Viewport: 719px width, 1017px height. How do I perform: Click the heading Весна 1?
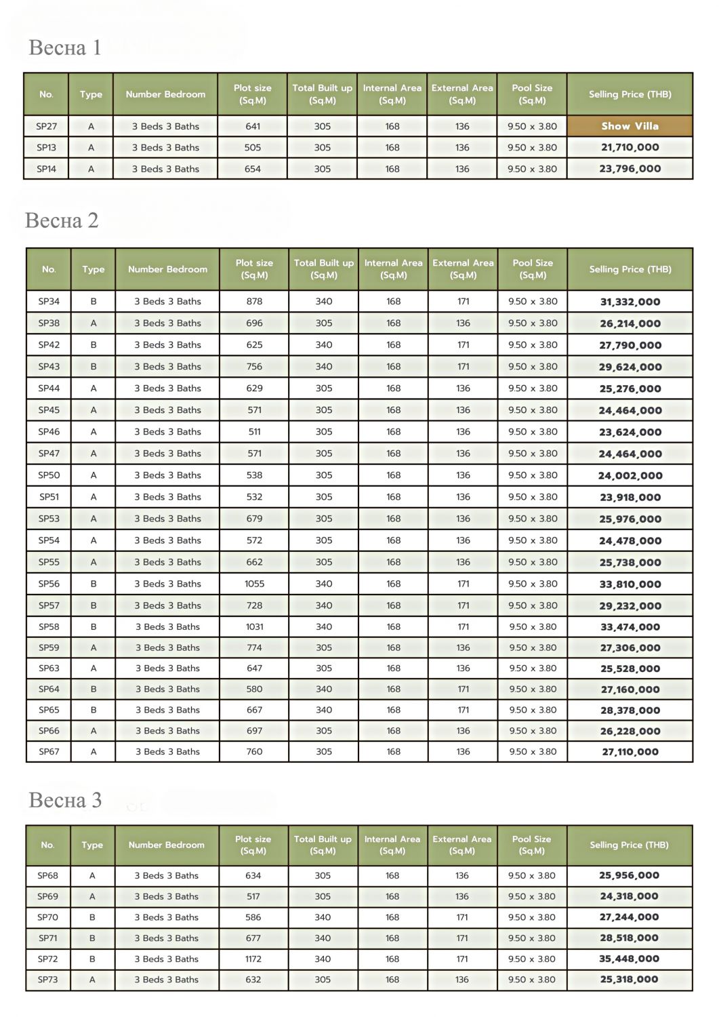(x=65, y=47)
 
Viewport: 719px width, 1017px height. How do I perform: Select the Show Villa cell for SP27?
(x=630, y=126)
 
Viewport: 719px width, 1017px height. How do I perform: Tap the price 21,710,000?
(x=630, y=147)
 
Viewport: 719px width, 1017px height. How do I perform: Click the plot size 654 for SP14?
(x=252, y=169)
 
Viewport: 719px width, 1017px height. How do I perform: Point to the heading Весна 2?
(x=62, y=220)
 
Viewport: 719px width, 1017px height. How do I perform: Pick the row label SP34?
(x=49, y=302)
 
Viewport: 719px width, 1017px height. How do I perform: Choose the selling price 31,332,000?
(x=630, y=302)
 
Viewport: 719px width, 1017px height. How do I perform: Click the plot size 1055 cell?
(x=254, y=584)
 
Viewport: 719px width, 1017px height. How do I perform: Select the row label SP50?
(x=49, y=475)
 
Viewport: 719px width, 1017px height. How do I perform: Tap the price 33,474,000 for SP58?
(x=630, y=627)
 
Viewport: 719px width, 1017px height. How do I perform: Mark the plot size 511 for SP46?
(x=254, y=432)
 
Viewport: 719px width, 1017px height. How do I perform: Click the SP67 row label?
(x=49, y=752)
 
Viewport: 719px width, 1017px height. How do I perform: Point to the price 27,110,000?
(x=630, y=752)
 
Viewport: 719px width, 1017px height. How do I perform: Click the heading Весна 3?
(x=65, y=800)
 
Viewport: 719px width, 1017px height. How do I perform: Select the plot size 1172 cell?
(x=253, y=959)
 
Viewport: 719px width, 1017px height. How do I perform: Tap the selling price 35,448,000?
(x=629, y=959)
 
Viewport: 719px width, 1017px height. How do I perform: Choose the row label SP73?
(x=47, y=980)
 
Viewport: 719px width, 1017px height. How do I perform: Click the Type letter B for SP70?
(x=92, y=917)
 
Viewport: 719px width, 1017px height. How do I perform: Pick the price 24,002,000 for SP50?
(x=630, y=476)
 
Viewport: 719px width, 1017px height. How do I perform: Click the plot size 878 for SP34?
(x=254, y=302)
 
